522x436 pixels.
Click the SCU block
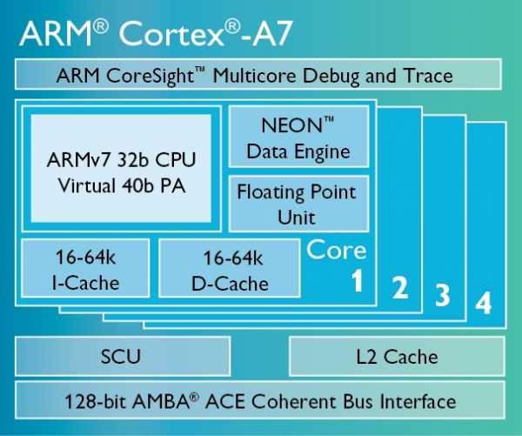coord(123,356)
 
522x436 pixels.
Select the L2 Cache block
coord(397,356)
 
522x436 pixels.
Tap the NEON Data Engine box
coord(298,137)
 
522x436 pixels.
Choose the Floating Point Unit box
coord(298,204)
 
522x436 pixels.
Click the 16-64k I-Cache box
coord(85,268)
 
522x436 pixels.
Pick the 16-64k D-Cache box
coord(230,268)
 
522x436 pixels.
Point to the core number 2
coord(400,287)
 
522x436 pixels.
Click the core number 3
coord(443,295)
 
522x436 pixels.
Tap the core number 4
coord(484,303)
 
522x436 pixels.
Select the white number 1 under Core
coord(358,280)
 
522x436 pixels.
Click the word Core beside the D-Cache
coord(336,250)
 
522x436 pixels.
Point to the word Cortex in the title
coord(171,34)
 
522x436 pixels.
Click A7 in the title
coord(272,34)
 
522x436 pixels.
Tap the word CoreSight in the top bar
coord(151,76)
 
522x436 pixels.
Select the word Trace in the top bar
coord(428,76)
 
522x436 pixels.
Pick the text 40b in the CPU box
coord(137,185)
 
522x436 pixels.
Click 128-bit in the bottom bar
coord(95,401)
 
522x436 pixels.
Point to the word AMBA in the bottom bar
coord(161,401)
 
